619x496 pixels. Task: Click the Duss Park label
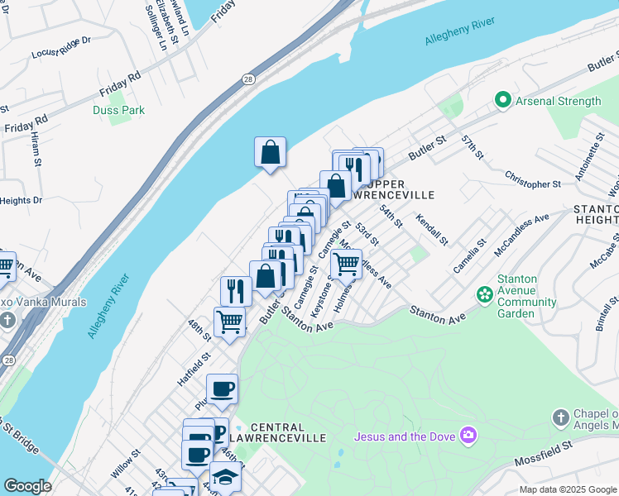120,110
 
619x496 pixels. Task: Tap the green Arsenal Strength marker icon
501,101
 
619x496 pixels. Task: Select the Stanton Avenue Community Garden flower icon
484,294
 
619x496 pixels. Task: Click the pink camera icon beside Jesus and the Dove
468,435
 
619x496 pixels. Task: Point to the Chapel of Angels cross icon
560,417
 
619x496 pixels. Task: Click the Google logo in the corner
27,486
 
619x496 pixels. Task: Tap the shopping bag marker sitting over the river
270,152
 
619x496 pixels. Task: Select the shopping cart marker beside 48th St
229,322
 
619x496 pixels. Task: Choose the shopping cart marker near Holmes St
346,265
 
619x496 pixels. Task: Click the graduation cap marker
224,477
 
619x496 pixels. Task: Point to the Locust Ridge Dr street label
60,54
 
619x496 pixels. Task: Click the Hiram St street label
38,151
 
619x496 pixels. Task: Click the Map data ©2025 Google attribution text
567,489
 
